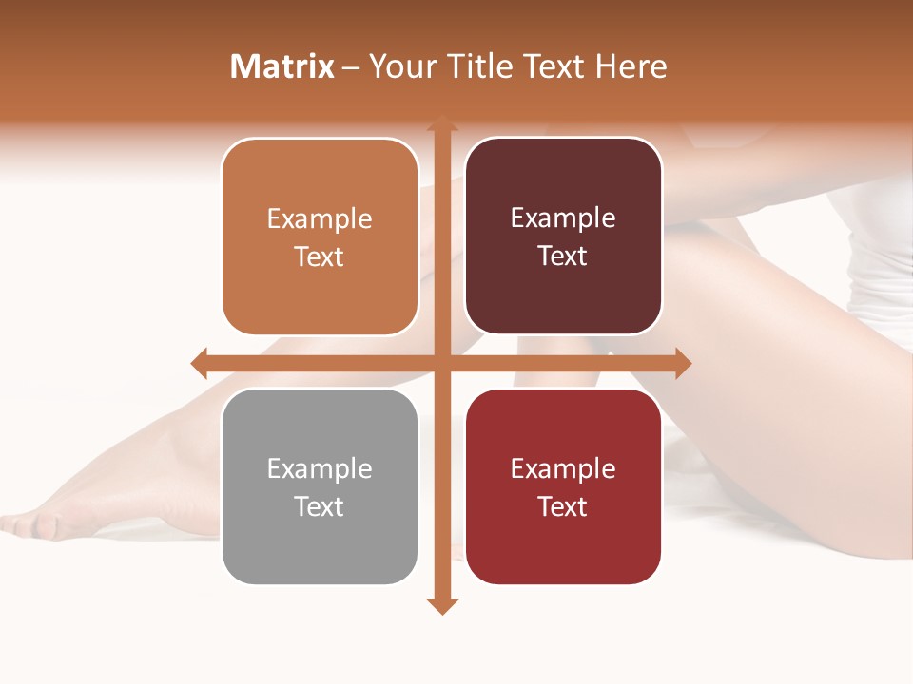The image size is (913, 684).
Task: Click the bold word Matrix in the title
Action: [x=282, y=66]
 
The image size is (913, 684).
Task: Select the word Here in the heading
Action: [x=631, y=66]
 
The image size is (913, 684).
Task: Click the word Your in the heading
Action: [x=402, y=66]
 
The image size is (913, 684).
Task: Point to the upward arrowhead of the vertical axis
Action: [x=441, y=123]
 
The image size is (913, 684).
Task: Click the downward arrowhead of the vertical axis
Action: [x=441, y=605]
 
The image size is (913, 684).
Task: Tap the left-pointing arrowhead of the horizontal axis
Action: [x=200, y=363]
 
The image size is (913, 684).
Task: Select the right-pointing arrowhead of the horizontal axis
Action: [x=683, y=363]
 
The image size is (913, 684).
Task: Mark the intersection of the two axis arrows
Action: [x=441, y=363]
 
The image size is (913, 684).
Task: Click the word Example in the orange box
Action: [x=320, y=219]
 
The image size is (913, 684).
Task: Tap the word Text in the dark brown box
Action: [x=563, y=256]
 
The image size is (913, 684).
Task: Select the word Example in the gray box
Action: [x=320, y=469]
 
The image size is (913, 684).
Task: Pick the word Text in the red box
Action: [x=563, y=506]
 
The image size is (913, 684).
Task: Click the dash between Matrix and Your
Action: [x=351, y=67]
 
